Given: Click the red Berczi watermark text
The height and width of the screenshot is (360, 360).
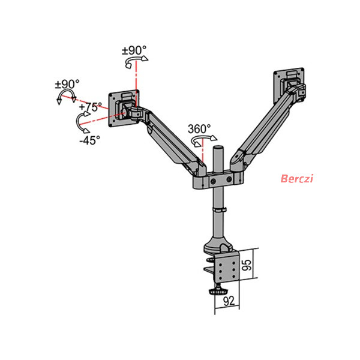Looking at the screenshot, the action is pyautogui.click(x=297, y=178).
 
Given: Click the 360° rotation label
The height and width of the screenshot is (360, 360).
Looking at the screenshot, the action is pyautogui.click(x=199, y=129).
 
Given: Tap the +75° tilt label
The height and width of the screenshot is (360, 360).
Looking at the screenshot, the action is pyautogui.click(x=90, y=107).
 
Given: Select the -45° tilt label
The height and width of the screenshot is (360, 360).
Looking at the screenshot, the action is pyautogui.click(x=90, y=140).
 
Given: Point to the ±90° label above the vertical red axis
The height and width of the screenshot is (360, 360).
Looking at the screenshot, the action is pyautogui.click(x=134, y=50).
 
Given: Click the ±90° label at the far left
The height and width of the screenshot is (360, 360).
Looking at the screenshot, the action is pyautogui.click(x=67, y=84).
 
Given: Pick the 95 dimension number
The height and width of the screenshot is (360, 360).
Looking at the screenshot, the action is pyautogui.click(x=247, y=265).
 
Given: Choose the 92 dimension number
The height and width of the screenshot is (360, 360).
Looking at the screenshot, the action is pyautogui.click(x=229, y=301).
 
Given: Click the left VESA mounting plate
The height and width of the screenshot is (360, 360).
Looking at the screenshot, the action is pyautogui.click(x=124, y=108).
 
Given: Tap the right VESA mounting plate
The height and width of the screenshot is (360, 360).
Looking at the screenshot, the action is pyautogui.click(x=289, y=85).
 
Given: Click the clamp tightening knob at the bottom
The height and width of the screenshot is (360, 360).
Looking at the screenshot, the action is pyautogui.click(x=217, y=290).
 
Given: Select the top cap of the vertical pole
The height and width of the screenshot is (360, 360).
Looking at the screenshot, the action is pyautogui.click(x=218, y=148).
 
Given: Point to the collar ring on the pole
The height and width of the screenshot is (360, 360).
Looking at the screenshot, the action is pyautogui.click(x=219, y=210).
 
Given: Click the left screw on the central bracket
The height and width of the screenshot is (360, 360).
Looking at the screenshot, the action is pyautogui.click(x=213, y=181).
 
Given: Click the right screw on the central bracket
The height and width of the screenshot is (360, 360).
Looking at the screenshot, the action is pyautogui.click(x=229, y=179).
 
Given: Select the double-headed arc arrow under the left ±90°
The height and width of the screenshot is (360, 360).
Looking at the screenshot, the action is pyautogui.click(x=67, y=94).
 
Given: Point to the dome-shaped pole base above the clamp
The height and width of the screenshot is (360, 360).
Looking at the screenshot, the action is pyautogui.click(x=217, y=245).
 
